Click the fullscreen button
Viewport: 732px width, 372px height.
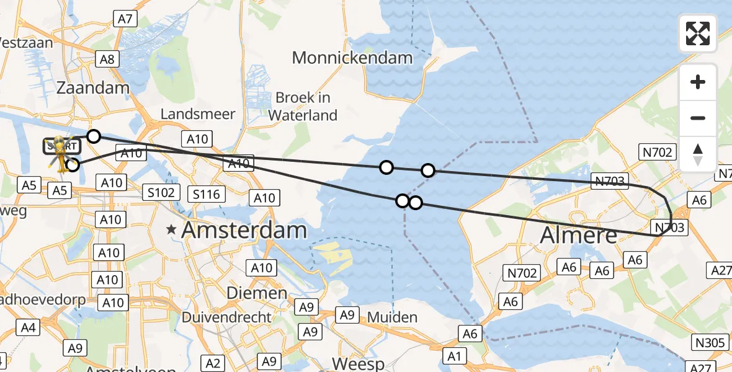click(698, 33)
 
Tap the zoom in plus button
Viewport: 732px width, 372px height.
click(698, 82)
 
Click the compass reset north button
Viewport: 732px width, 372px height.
click(698, 154)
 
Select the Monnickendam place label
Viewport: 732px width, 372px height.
click(352, 58)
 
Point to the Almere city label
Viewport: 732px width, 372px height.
click(579, 236)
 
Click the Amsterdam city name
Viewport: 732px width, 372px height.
click(244, 231)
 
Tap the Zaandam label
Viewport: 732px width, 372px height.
click(92, 88)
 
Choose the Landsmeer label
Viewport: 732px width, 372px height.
click(198, 114)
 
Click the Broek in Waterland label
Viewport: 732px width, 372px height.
click(303, 106)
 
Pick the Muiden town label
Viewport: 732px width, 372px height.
click(392, 317)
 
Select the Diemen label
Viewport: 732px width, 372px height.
click(256, 293)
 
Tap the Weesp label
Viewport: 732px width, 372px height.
click(359, 363)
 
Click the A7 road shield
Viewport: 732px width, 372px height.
click(125, 19)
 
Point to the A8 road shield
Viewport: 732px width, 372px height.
click(107, 60)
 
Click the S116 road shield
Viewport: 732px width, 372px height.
click(207, 195)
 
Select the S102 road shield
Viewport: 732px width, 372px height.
click(160, 192)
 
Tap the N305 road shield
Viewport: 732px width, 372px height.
click(708, 342)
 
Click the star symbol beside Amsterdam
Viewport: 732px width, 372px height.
click(171, 231)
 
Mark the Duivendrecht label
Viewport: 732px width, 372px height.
click(226, 317)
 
